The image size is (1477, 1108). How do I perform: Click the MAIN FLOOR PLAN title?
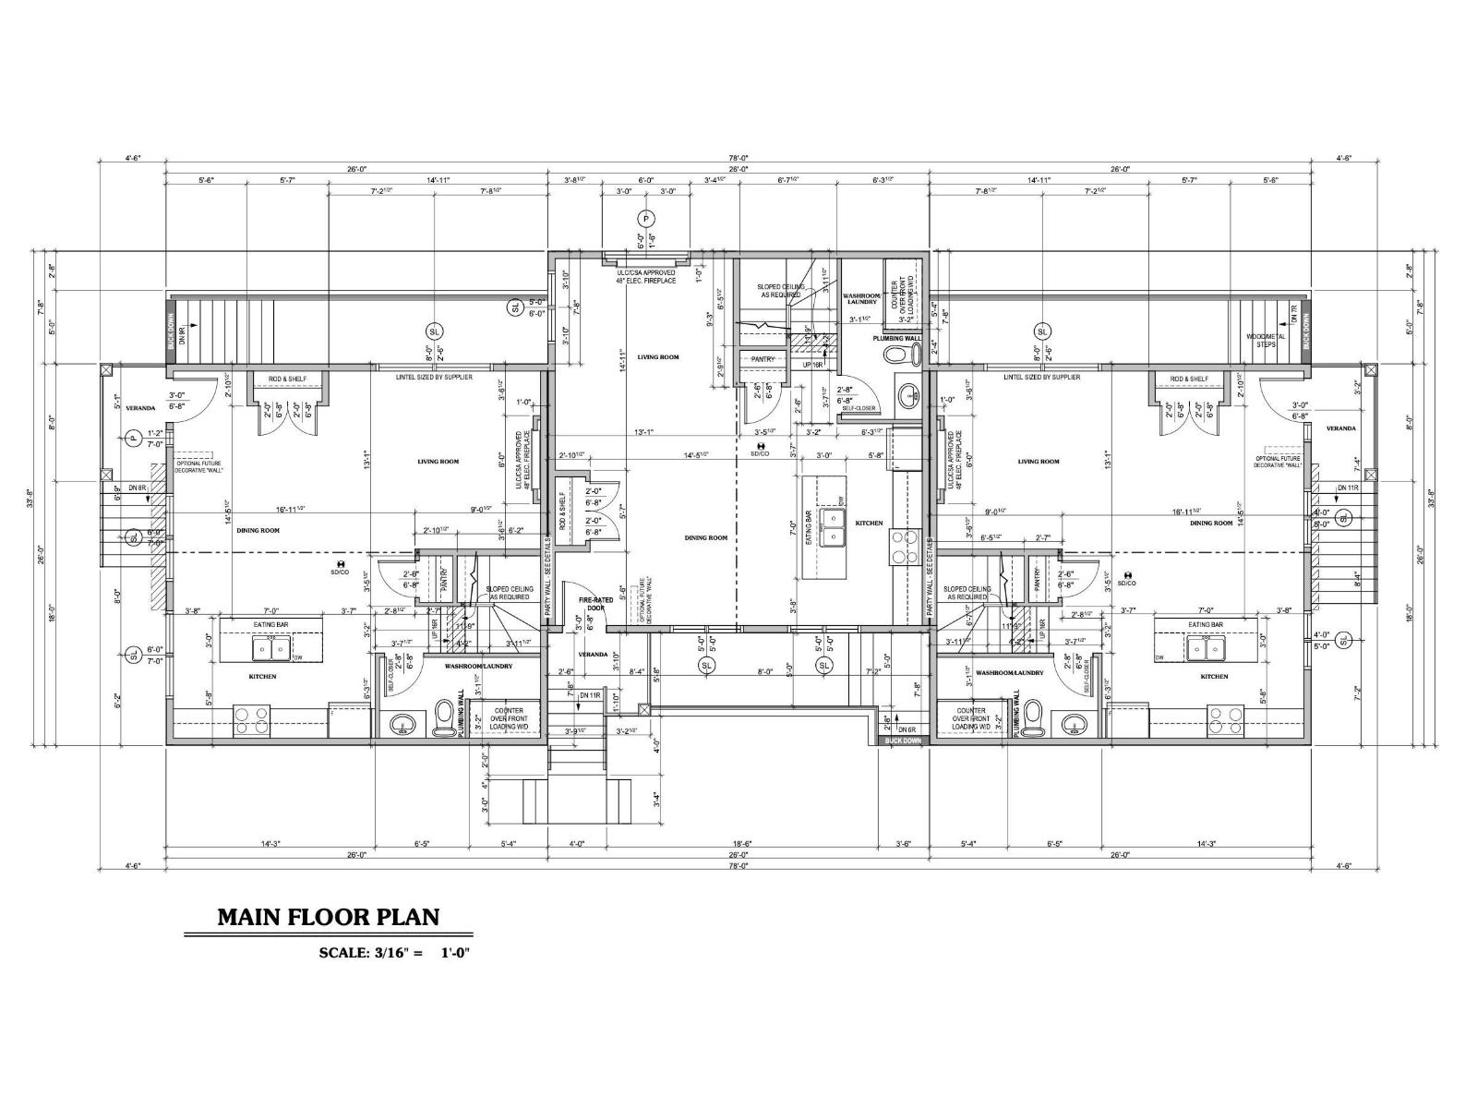[x=328, y=917]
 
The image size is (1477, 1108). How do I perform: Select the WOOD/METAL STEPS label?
[x=1264, y=339]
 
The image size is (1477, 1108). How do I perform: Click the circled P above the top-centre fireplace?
[x=644, y=219]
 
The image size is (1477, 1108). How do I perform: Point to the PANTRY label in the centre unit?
[x=762, y=358]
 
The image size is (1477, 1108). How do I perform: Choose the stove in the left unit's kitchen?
[x=249, y=719]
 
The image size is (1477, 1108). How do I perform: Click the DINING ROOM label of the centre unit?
[x=706, y=537]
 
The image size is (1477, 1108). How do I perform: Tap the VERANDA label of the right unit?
[x=1340, y=428]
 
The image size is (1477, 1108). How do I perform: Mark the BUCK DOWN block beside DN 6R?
[x=902, y=741]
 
